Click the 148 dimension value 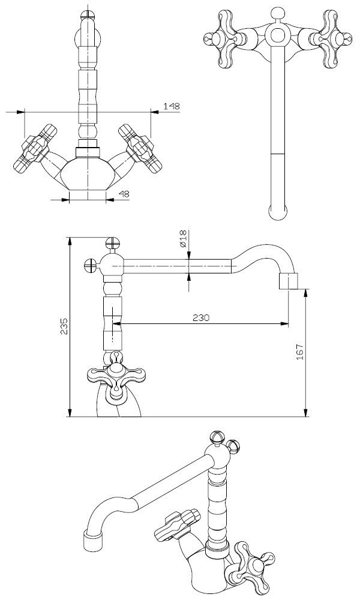[x=172, y=106]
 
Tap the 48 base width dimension [x=124, y=194]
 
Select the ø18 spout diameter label [x=182, y=239]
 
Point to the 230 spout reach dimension [x=200, y=318]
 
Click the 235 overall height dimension [x=64, y=326]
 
